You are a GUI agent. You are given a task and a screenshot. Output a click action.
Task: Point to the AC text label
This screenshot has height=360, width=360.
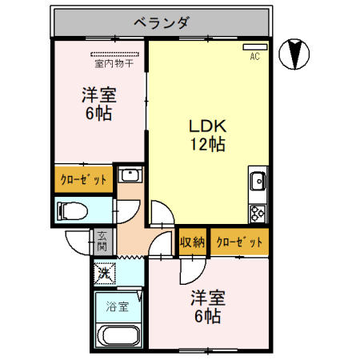tap(255, 56)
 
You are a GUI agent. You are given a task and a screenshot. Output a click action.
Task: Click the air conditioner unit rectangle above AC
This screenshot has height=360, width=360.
tap(254, 46)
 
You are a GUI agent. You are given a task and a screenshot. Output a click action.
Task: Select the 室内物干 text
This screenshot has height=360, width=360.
tap(114, 63)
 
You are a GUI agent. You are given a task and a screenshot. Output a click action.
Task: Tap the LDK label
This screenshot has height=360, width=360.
tap(209, 126)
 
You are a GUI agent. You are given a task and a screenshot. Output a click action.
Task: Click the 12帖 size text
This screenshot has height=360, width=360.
tap(207, 145)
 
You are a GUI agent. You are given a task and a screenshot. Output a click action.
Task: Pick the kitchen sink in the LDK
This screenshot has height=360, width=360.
tap(258, 182)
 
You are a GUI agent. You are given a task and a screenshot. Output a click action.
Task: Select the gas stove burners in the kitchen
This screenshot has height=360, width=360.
tap(258, 213)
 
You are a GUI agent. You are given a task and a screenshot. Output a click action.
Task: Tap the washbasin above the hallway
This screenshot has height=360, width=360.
tap(129, 176)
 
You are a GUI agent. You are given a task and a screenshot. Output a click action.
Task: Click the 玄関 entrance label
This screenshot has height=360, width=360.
tap(102, 241)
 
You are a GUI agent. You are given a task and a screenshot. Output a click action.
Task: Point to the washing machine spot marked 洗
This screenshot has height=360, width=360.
tap(104, 274)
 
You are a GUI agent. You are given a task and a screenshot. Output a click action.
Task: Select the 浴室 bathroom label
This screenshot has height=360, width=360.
tap(118, 306)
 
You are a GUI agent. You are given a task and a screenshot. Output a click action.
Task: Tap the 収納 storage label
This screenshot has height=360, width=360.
tap(192, 242)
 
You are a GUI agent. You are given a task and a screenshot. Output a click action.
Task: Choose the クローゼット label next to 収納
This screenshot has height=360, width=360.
tap(238, 242)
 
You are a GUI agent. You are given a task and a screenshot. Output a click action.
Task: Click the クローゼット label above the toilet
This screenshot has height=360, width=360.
tap(83, 180)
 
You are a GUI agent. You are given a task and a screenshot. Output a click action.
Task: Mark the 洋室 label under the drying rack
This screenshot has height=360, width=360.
tap(98, 95)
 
